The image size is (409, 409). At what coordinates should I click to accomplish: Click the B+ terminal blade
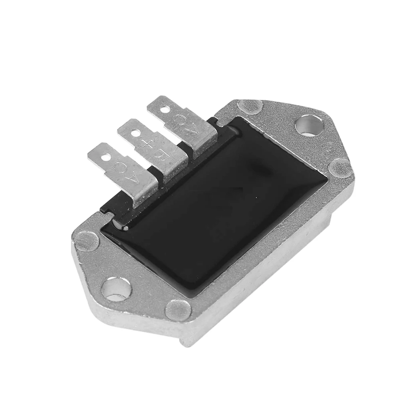154,150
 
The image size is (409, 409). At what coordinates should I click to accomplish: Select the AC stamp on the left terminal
127,172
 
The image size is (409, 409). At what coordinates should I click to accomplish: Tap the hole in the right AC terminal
164,108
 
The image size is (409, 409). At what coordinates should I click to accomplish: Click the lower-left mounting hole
116,289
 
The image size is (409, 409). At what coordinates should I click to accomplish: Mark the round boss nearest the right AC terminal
250,107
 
